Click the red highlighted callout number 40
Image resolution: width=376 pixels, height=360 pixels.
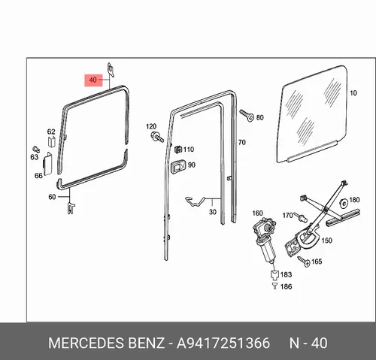(92, 80)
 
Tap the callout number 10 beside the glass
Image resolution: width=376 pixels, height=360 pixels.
(353, 93)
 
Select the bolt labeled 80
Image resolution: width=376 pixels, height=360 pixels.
(247, 115)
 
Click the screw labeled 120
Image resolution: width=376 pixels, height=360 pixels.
(157, 138)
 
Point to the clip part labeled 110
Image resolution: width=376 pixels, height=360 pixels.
(177, 150)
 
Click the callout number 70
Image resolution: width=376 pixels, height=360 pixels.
(241, 143)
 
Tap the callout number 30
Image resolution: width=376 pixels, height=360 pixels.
(213, 212)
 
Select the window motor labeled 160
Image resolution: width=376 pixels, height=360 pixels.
(265, 239)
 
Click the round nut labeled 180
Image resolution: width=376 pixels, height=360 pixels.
(343, 204)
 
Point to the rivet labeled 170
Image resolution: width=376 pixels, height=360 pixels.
(301, 217)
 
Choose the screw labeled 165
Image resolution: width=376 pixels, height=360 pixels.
(304, 261)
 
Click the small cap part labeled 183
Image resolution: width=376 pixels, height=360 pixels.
(274, 275)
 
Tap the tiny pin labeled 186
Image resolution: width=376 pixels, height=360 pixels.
(275, 286)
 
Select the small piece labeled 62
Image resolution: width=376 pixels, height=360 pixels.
(51, 141)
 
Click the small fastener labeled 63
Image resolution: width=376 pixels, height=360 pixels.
(36, 149)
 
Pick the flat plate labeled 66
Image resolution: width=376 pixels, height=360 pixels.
(47, 164)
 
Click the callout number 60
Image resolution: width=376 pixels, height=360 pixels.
(52, 197)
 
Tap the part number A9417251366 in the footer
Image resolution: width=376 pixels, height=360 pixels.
(223, 343)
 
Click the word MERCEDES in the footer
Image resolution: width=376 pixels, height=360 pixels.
(86, 343)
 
